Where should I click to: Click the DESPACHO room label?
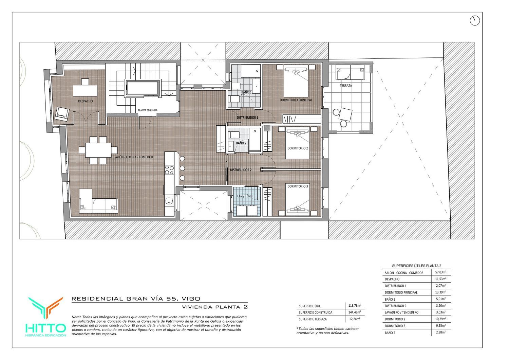[86, 101]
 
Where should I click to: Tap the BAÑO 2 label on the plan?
[241, 143]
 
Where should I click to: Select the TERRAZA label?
[346, 86]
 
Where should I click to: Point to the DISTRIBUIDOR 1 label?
[247, 118]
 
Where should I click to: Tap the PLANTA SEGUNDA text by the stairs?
[148, 110]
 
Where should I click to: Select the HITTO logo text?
[46, 328]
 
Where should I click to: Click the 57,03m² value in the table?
[440, 272]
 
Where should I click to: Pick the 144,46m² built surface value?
[355, 312]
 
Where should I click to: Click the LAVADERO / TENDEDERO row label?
[401, 312]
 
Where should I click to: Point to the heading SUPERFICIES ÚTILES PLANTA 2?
[416, 266]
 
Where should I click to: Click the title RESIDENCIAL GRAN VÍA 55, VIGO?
[136, 299]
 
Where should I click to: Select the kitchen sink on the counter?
[169, 201]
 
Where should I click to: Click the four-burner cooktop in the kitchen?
[169, 170]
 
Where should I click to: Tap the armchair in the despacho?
[62, 114]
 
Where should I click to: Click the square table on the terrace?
[345, 114]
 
